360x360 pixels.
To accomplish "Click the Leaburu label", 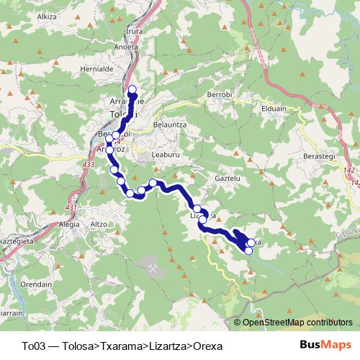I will click(x=168, y=153).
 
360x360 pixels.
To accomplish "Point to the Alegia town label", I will click(x=69, y=224).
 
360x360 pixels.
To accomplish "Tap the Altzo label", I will click(x=98, y=224).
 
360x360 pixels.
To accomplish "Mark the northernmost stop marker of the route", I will click(x=132, y=90).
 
